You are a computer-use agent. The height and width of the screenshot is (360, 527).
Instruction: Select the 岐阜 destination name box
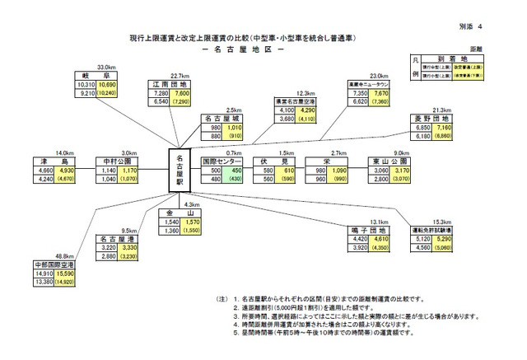101,73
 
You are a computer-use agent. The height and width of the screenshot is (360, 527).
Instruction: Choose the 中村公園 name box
112,162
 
